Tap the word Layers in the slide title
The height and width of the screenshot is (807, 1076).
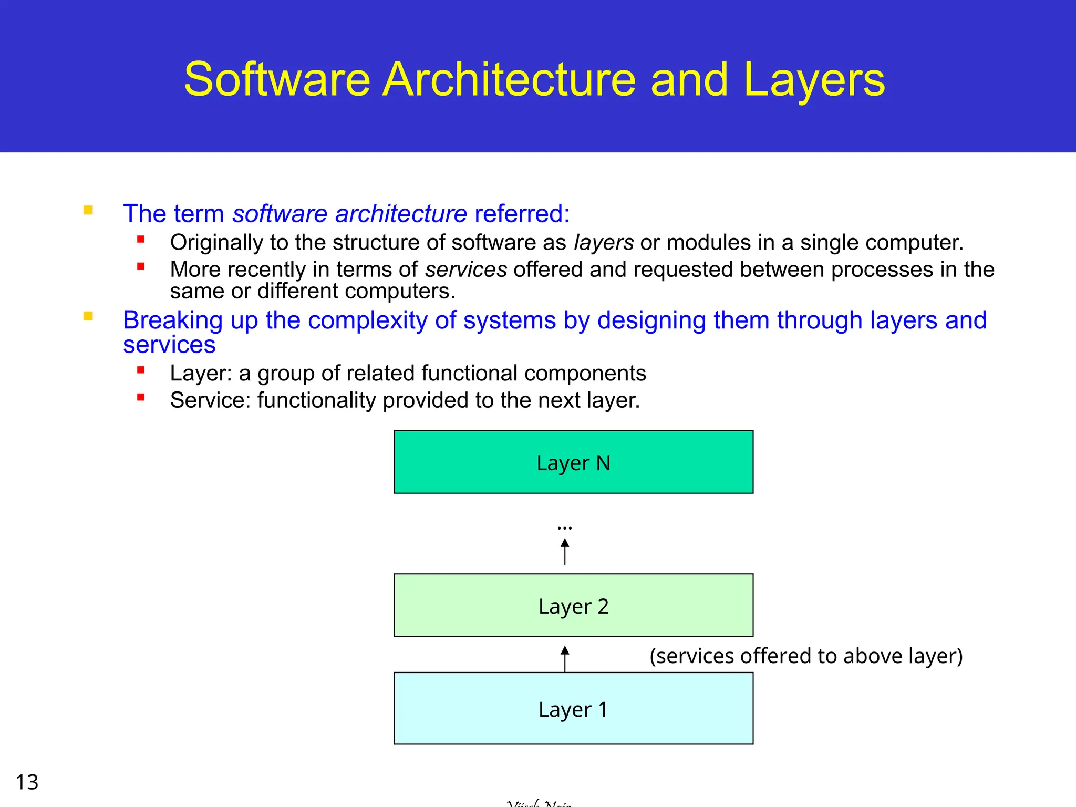click(814, 80)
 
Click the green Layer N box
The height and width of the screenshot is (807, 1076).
click(573, 462)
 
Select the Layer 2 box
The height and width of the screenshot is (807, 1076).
click(573, 605)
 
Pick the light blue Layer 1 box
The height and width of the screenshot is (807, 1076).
click(573, 708)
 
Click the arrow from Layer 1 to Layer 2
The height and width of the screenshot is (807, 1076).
click(565, 659)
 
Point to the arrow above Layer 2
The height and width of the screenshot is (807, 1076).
click(565, 552)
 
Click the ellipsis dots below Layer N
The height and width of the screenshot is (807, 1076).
click(565, 527)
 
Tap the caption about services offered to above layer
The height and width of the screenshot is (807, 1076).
click(806, 656)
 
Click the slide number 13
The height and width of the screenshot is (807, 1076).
click(27, 782)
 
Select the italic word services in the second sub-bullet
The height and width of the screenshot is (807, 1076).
click(466, 270)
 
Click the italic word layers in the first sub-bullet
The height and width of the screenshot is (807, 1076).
click(604, 243)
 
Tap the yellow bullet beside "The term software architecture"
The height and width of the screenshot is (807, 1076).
click(88, 211)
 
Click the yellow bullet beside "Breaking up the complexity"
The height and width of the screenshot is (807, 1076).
click(88, 316)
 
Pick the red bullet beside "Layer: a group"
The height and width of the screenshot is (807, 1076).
click(141, 370)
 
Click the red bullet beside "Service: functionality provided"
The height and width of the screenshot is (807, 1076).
click(141, 397)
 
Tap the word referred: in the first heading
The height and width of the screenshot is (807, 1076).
click(522, 214)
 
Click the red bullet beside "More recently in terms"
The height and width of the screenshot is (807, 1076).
click(141, 266)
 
